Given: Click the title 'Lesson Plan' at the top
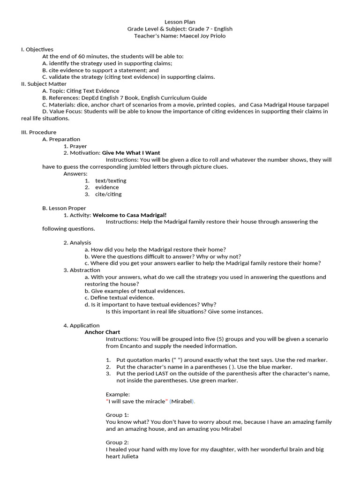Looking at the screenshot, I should (x=180, y=22).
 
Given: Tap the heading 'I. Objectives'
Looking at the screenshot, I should (x=37, y=49).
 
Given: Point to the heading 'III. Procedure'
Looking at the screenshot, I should (x=38, y=132).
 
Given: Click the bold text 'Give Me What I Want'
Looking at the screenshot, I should (x=131, y=153).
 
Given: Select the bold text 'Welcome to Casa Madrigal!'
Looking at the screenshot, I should (x=129, y=215).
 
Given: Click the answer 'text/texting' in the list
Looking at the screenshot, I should (x=111, y=180).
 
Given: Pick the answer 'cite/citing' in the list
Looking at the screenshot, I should (x=108, y=194).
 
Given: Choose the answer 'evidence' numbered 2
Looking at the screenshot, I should (x=107, y=187).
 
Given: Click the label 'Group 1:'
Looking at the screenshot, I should (x=117, y=415).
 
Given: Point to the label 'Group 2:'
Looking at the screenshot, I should (x=117, y=442).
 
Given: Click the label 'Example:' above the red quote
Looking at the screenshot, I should (x=118, y=394).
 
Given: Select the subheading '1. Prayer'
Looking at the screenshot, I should (x=75, y=146).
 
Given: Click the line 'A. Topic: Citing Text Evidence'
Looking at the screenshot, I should (x=81, y=90).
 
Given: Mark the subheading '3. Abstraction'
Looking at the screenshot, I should (x=82, y=270).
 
